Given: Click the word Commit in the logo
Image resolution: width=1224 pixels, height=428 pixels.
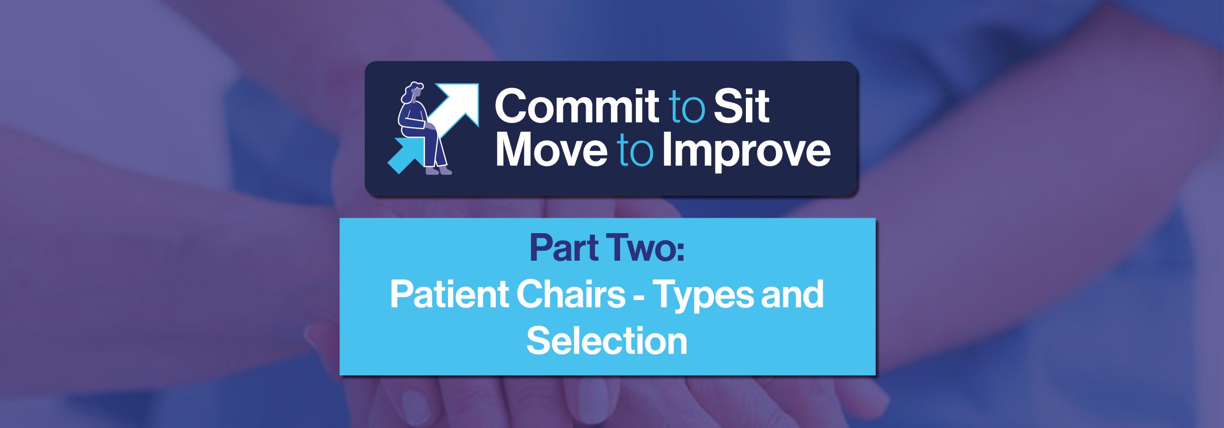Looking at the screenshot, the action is (x=576, y=106).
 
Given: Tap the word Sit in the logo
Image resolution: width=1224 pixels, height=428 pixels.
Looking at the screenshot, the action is (x=742, y=106).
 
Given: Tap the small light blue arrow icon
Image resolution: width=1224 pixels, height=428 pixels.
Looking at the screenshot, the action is (x=405, y=155).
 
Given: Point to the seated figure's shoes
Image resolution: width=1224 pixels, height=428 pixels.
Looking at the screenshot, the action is (x=439, y=170).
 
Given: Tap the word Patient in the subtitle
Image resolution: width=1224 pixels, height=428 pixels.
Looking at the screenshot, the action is (x=449, y=294).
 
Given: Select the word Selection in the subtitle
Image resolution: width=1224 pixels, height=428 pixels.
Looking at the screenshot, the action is (x=607, y=341).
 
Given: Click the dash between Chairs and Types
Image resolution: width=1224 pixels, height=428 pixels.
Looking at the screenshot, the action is (x=639, y=298).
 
